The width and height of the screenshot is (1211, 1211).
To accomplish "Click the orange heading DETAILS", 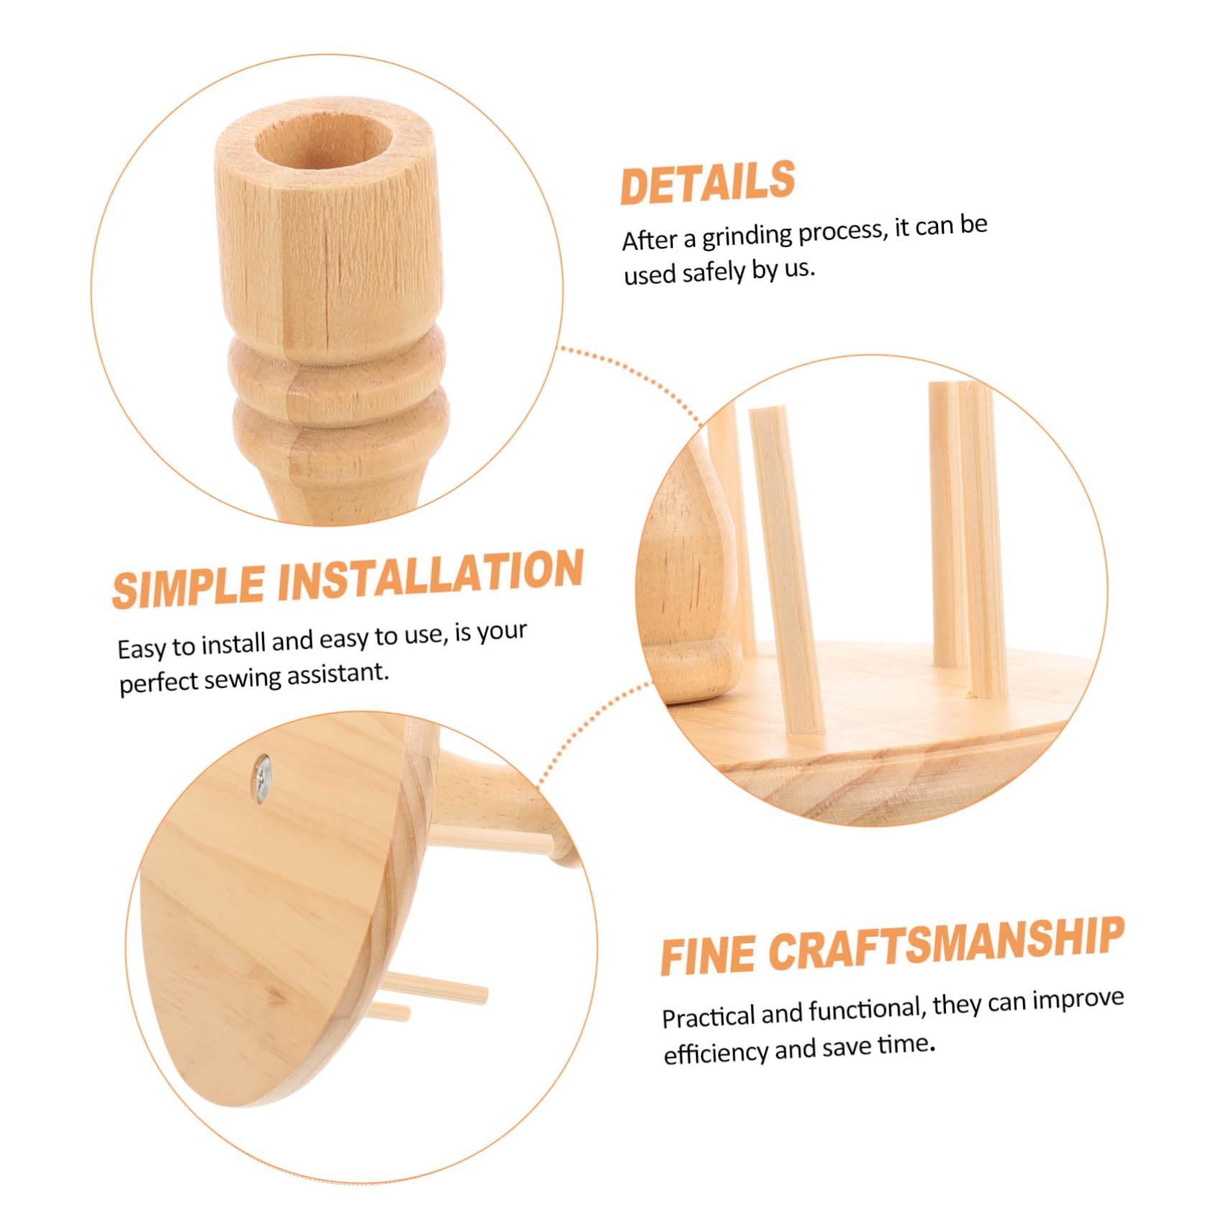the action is click(707, 183).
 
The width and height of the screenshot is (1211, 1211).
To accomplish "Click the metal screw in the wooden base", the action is click(263, 775).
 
